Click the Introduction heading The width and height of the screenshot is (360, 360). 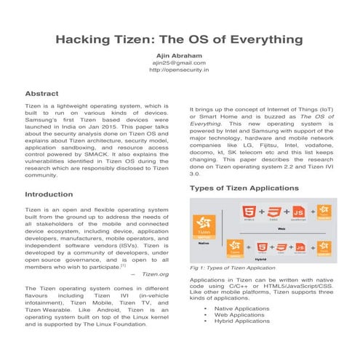[49, 195]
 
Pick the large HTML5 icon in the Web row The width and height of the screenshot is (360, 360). [249, 212]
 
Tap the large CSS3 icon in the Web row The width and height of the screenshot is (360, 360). [273, 212]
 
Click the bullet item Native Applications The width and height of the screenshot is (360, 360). [241, 308]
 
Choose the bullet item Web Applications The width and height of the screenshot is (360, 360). [237, 314]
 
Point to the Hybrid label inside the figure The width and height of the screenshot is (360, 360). [260, 257]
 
